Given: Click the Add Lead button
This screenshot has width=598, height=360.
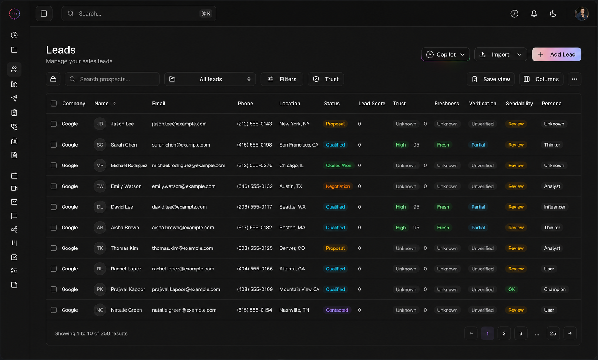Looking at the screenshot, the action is [x=556, y=54].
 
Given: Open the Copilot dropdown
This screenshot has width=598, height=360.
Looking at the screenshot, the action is [x=445, y=54].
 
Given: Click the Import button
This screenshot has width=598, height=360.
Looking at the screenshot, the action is [x=501, y=54].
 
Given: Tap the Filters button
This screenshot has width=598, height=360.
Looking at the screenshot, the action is [x=282, y=79].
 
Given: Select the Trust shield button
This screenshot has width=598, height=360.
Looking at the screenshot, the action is [x=326, y=79].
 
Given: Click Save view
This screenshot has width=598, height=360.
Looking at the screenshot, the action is [x=490, y=79].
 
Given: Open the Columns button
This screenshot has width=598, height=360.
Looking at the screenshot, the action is [x=541, y=79].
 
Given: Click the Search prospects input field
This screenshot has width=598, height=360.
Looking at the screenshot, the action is [x=112, y=79].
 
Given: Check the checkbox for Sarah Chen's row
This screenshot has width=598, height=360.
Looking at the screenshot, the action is [x=54, y=145].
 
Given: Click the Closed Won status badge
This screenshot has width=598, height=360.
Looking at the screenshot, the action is [x=339, y=165].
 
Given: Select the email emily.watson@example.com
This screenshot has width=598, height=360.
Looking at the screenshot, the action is [x=184, y=186].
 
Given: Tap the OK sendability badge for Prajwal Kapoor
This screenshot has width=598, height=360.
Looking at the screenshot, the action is [x=511, y=289].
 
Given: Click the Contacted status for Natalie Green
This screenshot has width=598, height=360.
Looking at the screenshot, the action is [x=337, y=310].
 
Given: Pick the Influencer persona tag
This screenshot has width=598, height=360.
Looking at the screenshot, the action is [x=554, y=207].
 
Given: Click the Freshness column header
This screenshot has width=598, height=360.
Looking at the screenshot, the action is [x=447, y=104].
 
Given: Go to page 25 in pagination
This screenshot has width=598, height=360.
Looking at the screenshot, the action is [x=553, y=333].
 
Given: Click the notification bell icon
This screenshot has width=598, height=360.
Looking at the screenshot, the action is [x=534, y=14].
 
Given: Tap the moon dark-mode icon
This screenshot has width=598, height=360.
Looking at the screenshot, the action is [x=553, y=14].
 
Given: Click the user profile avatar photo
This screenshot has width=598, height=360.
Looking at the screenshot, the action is [x=582, y=14].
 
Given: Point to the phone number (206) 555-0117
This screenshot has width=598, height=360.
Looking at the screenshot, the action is [x=255, y=207].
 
